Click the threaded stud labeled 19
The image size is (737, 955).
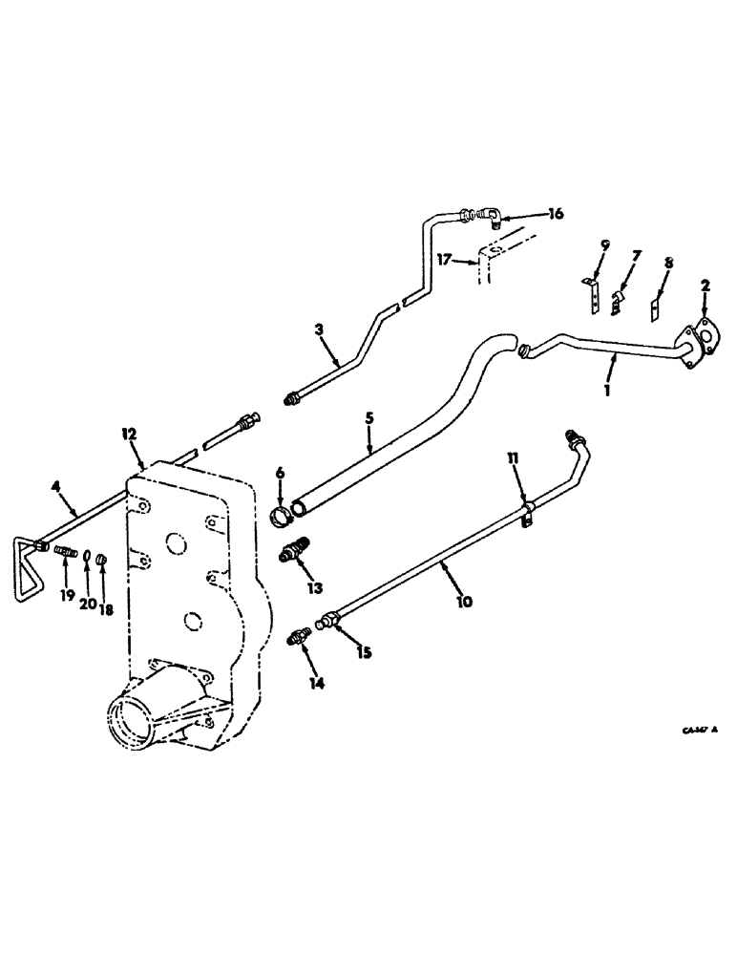click(x=68, y=551)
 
